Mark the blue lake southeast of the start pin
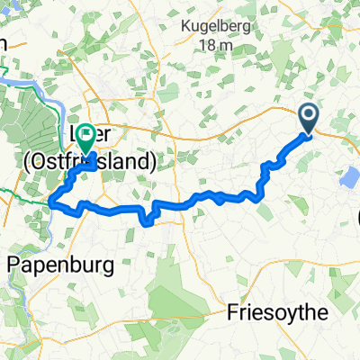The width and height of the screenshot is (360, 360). click(x=347, y=178)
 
